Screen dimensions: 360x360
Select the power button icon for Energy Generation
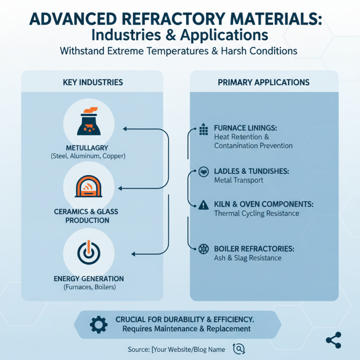[89, 252]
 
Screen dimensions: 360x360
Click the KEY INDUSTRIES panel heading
[93, 83]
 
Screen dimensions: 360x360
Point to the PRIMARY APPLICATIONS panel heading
[264, 83]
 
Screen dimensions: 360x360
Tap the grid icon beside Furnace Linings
[203, 130]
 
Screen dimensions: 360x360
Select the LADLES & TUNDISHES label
[251, 171]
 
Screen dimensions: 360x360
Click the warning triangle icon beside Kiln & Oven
[203, 205]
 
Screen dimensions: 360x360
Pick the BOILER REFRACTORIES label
[254, 248]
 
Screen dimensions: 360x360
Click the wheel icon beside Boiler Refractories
[203, 248]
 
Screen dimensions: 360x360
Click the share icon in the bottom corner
[333, 340]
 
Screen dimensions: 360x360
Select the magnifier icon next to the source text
[238, 349]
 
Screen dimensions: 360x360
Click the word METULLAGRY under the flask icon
[87, 148]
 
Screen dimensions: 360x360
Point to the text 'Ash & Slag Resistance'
[247, 258]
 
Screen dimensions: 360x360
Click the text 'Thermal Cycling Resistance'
[256, 213]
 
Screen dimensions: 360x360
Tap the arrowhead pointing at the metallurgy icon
[125, 129]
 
